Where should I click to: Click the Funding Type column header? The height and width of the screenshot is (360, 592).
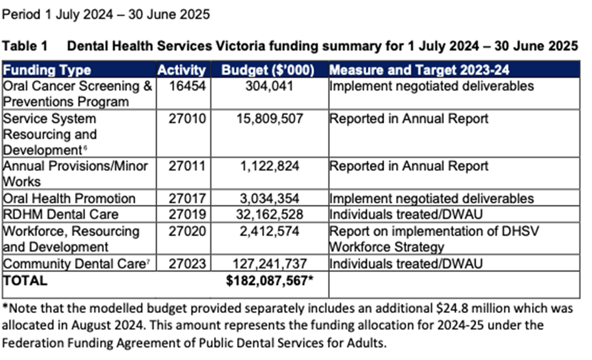tap(48, 69)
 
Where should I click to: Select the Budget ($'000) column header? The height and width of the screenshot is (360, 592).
tap(267, 69)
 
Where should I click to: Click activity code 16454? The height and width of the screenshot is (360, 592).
tap(186, 86)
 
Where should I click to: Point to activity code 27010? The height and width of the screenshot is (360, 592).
tap(186, 118)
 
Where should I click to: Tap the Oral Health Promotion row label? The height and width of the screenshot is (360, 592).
tap(69, 198)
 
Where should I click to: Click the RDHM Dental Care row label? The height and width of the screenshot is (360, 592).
tap(61, 214)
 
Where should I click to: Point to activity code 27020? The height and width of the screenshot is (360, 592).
tap(186, 231)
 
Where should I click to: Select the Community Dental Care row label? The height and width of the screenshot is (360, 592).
tap(74, 264)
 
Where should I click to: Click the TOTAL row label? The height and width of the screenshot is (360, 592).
tap(25, 280)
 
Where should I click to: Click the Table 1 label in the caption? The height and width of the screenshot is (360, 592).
tap(24, 46)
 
